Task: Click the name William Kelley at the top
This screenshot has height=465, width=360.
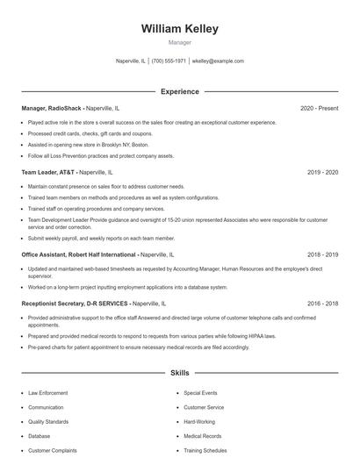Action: click(x=179, y=28)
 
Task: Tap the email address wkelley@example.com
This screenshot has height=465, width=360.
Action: click(x=217, y=61)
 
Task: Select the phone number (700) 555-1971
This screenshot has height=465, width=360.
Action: click(x=169, y=61)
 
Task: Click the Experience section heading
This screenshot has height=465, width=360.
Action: click(x=179, y=91)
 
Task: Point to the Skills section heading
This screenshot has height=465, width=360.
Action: click(x=179, y=373)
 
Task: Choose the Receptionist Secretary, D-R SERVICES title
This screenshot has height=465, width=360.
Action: click(x=75, y=304)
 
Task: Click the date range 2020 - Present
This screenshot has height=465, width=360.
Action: click(x=319, y=108)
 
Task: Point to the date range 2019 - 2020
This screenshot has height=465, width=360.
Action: click(x=322, y=173)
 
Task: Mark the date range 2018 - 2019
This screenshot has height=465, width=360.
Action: click(x=322, y=254)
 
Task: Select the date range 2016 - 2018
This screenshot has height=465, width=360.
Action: click(x=322, y=304)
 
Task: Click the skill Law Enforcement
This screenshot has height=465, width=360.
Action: click(x=47, y=393)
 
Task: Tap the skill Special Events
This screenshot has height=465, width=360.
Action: click(x=200, y=393)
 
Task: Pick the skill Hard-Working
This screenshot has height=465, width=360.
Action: click(x=199, y=422)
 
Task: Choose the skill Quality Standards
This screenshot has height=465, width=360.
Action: click(x=48, y=422)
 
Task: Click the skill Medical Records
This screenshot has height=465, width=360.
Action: click(x=203, y=436)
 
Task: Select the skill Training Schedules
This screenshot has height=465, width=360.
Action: click(x=205, y=451)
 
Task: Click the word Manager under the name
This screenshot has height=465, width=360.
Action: click(x=179, y=42)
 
